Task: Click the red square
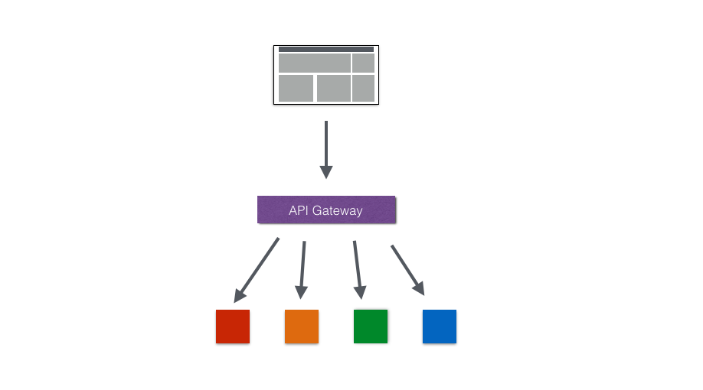(x=233, y=327)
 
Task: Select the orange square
(x=302, y=327)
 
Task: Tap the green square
(x=371, y=327)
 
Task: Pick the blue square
(x=440, y=327)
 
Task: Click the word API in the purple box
(x=298, y=210)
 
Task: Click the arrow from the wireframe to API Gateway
(x=326, y=148)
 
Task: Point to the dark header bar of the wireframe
(x=326, y=49)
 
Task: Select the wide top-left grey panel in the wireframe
(x=315, y=63)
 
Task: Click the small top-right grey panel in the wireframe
(x=363, y=63)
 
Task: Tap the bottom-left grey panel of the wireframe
(x=296, y=88)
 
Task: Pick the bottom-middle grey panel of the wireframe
(x=333, y=88)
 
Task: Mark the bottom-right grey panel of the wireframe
(x=363, y=88)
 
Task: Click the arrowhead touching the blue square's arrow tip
(x=420, y=288)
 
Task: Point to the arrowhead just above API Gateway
(x=326, y=171)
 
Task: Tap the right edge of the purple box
(x=394, y=210)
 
